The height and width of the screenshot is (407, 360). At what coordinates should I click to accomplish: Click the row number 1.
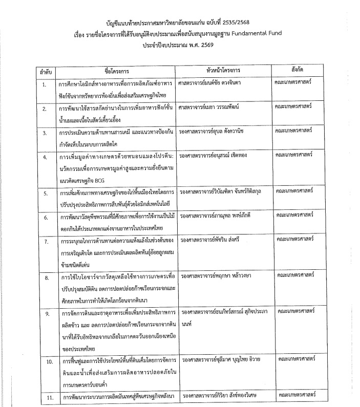click(44, 83)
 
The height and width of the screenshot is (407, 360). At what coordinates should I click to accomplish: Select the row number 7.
click(45, 241)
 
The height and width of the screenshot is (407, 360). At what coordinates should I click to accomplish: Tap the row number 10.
click(44, 362)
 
